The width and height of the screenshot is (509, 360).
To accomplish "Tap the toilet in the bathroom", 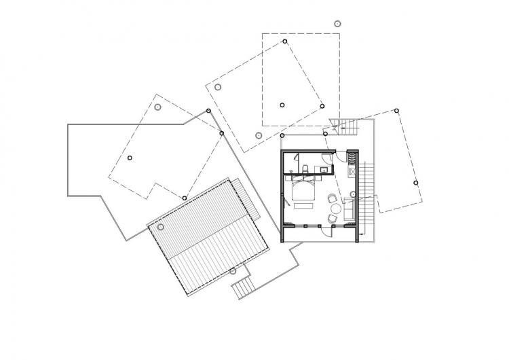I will click(x=307, y=168).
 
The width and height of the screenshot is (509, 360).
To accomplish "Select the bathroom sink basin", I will click(x=324, y=168).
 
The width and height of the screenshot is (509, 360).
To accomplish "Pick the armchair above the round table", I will click(x=332, y=199).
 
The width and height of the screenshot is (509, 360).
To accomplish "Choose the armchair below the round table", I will click(x=331, y=219).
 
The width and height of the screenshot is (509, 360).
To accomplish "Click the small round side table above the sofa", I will click(x=354, y=196).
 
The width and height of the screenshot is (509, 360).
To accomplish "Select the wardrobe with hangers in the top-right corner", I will click(x=352, y=158).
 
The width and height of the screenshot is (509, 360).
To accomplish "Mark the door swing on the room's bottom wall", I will click(x=326, y=231).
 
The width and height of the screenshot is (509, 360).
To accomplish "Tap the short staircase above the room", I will click(x=343, y=124).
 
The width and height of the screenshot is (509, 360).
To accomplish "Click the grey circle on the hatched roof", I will click(x=161, y=227).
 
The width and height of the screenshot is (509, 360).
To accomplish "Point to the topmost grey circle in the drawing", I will click(x=337, y=23).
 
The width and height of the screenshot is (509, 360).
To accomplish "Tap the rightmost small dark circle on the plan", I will click(x=416, y=183).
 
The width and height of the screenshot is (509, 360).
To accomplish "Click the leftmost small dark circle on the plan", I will click(x=130, y=158).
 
